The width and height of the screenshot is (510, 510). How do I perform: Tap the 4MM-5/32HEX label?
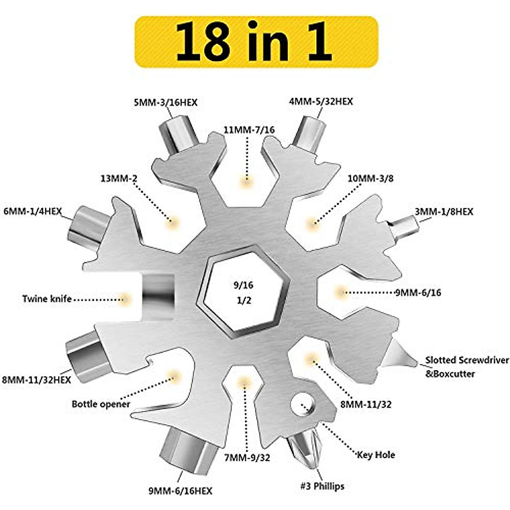(x=321, y=102)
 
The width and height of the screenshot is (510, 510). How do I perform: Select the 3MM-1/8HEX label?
(x=444, y=212)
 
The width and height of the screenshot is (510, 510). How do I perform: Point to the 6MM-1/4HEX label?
(x=33, y=211)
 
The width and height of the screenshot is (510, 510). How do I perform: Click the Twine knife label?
(x=47, y=299)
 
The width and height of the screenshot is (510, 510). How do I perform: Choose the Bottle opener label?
(x=101, y=404)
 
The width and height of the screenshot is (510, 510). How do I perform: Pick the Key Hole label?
(x=376, y=455)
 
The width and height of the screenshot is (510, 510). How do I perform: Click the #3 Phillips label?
(x=322, y=486)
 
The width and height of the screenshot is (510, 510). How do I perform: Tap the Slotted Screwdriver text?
(x=467, y=360)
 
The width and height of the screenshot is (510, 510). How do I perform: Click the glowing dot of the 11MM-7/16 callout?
(x=246, y=182)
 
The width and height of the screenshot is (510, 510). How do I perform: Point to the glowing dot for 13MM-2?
(x=172, y=221)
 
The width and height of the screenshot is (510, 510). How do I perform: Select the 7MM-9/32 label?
(x=246, y=458)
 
